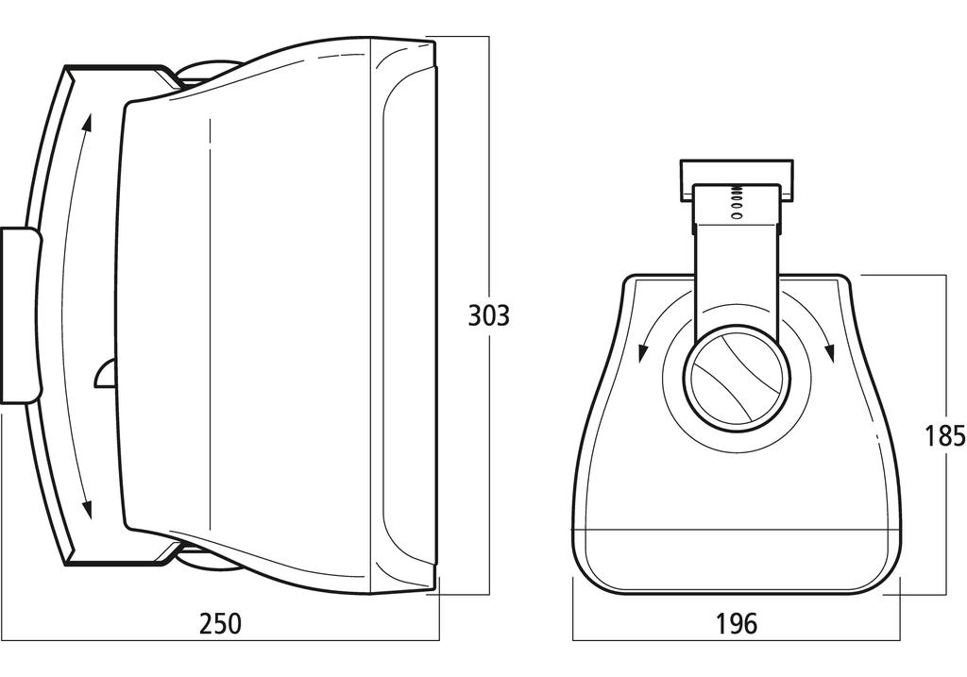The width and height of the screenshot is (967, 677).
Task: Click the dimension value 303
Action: coord(489,315)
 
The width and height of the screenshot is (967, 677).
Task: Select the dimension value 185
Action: coord(945,435)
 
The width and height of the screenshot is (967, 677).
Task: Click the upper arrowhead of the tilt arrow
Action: coord(87,124)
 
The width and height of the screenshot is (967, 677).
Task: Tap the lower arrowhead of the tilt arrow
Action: coord(87,508)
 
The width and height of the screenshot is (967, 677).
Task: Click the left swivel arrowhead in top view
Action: coord(642,351)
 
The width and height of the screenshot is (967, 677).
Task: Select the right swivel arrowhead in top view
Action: coord(829,351)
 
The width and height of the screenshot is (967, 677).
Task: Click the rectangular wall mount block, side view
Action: coord(21,315)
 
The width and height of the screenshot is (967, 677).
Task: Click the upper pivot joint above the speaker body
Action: coord(204,72)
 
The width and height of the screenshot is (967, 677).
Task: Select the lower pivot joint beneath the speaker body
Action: coord(204,557)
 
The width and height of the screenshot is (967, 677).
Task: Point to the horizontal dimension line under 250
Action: coord(220,640)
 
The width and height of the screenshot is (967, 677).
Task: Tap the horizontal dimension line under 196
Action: coord(736,640)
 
